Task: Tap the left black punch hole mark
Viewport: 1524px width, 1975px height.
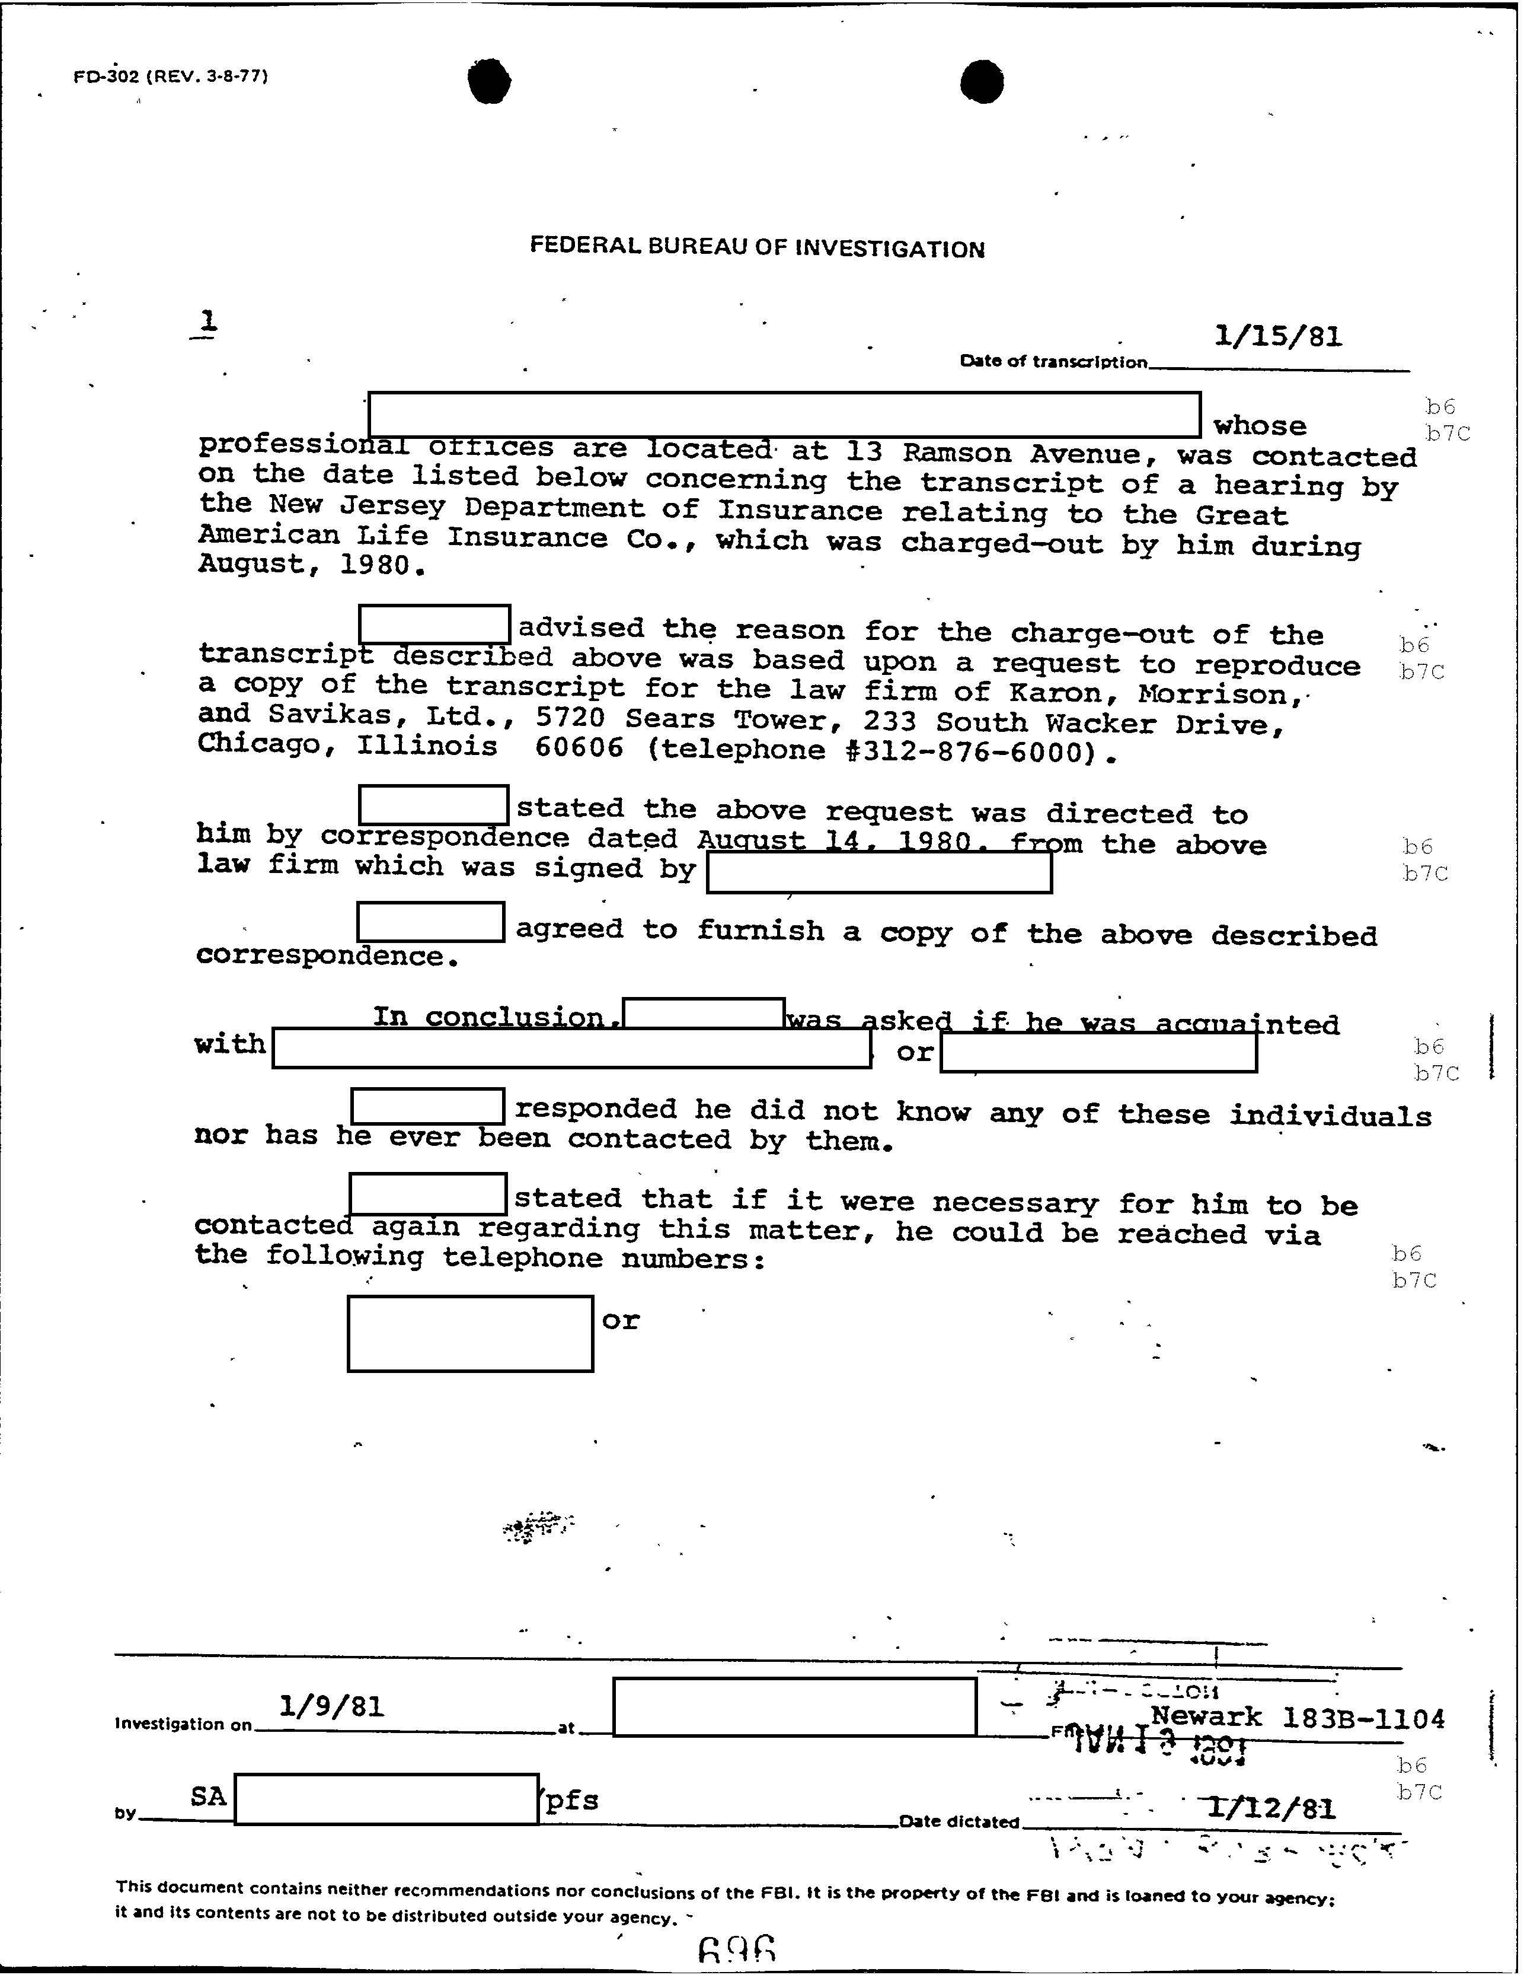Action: pyautogui.click(x=489, y=81)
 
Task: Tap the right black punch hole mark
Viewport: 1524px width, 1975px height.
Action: pyautogui.click(x=982, y=81)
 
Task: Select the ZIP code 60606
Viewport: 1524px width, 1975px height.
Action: pyautogui.click(x=579, y=747)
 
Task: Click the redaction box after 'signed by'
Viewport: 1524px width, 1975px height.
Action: pyautogui.click(x=878, y=872)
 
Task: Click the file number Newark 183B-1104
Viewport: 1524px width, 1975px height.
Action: pyautogui.click(x=1297, y=1717)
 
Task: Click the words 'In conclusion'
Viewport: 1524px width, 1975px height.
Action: pyautogui.click(x=488, y=1017)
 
